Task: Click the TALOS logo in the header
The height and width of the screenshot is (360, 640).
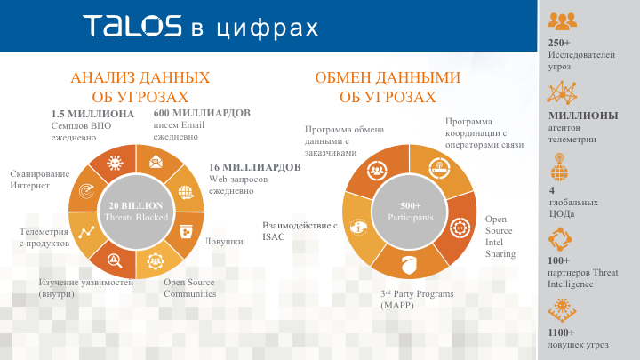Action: [132, 27]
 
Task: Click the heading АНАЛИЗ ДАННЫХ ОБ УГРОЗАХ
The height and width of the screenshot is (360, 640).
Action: [140, 87]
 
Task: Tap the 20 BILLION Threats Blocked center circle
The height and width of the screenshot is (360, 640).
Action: [135, 211]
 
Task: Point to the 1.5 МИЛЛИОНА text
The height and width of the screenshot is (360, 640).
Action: [92, 114]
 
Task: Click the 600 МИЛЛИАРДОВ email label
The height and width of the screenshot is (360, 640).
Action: [202, 114]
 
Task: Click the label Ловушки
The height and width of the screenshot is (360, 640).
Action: [224, 241]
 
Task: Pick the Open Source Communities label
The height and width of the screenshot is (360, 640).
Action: [189, 288]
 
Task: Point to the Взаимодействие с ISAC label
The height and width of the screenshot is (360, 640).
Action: [300, 231]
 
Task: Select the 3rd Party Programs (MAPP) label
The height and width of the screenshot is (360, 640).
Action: [417, 299]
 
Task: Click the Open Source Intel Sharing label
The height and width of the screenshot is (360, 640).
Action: [500, 236]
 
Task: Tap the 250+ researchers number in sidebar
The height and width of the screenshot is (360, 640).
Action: [559, 43]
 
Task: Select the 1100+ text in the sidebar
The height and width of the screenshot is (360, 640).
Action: [562, 332]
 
